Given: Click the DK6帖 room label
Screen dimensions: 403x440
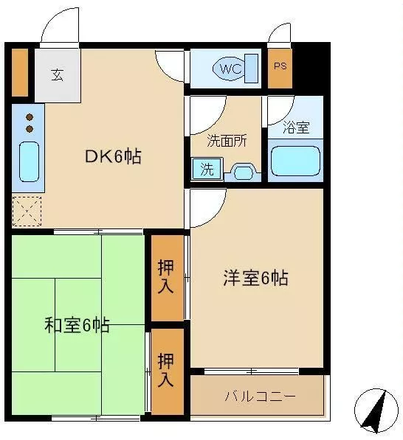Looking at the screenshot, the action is point(113,156).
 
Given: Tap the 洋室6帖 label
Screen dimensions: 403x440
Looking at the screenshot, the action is point(255,278).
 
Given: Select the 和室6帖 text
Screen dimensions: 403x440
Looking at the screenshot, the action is point(77,325).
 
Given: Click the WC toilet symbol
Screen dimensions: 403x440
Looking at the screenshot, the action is point(230,69).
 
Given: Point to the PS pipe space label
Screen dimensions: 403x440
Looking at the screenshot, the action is point(280,66).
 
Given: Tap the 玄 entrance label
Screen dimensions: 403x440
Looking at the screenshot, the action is point(58,75).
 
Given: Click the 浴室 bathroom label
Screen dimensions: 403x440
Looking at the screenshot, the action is point(296,127).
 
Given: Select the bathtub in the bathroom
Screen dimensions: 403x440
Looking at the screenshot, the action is point(295,161).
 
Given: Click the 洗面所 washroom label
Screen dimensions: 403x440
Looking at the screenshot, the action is point(227,141).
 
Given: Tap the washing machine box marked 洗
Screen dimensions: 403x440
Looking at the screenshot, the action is point(207,169).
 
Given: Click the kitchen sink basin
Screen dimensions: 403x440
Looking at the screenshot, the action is point(29,161).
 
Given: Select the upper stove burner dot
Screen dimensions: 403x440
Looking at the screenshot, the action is point(30,117).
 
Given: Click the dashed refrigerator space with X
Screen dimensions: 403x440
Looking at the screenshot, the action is point(27,212).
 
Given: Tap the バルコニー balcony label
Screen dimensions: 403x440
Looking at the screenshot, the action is point(261,397).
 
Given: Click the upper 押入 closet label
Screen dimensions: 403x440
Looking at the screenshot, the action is point(165,276).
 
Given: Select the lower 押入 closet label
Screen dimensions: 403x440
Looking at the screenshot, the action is point(165,370).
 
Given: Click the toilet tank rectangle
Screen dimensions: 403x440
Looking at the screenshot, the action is point(251,69).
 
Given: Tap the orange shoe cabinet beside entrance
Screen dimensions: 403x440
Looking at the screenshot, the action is point(20,73).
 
